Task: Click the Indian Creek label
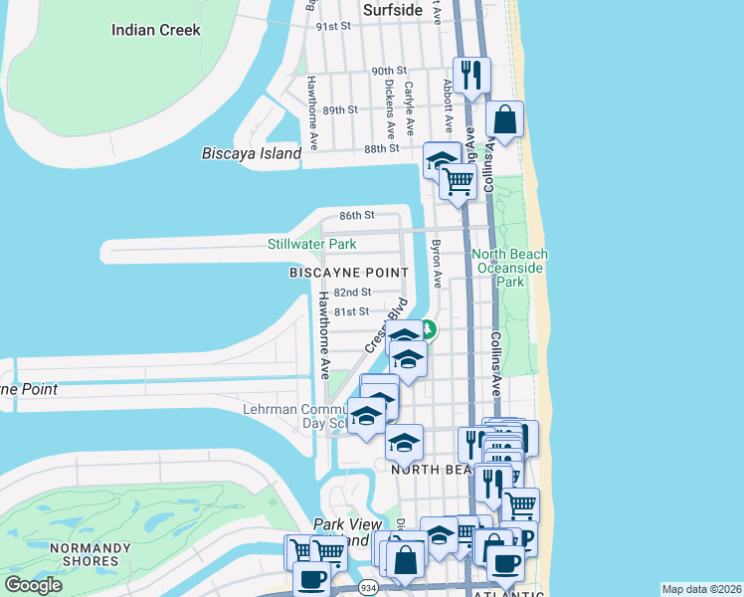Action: pyautogui.click(x=155, y=30)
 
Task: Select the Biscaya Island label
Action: pyautogui.click(x=251, y=154)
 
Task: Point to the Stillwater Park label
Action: pyautogui.click(x=311, y=244)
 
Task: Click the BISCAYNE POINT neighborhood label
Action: pyautogui.click(x=348, y=273)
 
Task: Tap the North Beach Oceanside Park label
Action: pyautogui.click(x=510, y=268)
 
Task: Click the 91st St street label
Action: pyautogui.click(x=334, y=26)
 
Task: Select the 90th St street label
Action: pyautogui.click(x=389, y=71)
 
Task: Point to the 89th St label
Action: pyautogui.click(x=339, y=109)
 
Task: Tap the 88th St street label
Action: pyautogui.click(x=381, y=148)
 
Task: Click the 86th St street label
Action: pyautogui.click(x=356, y=215)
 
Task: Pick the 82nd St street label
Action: pyautogui.click(x=352, y=293)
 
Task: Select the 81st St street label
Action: pyautogui.click(x=350, y=311)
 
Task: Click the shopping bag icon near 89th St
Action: pyautogui.click(x=505, y=119)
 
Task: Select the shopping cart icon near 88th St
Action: pyautogui.click(x=457, y=181)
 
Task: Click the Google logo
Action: pyautogui.click(x=33, y=584)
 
